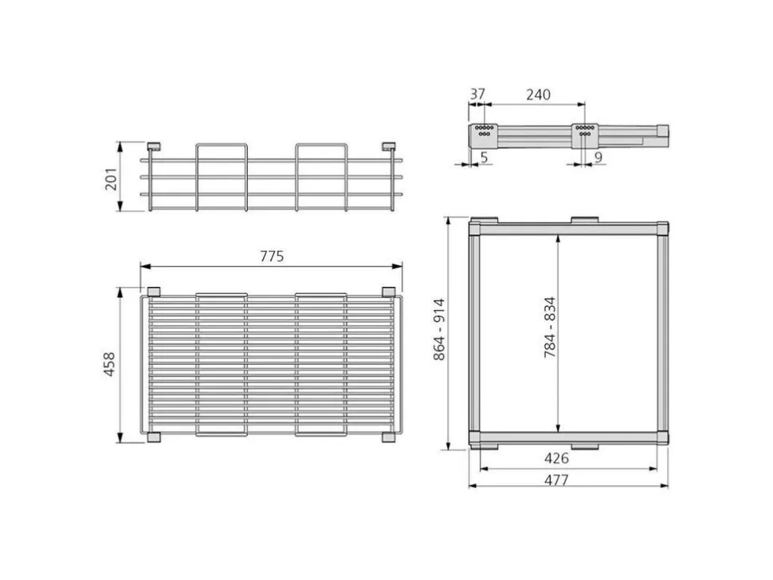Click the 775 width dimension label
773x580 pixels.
[x=272, y=257]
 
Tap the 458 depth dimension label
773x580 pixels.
[x=109, y=364]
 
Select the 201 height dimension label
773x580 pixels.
[x=111, y=179]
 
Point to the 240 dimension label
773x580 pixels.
[x=538, y=95]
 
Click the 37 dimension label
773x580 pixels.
[x=477, y=94]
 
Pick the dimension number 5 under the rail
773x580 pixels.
[x=484, y=158]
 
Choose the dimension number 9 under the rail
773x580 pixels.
[x=598, y=158]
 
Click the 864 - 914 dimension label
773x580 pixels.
[x=439, y=329]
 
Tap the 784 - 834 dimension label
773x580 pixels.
[x=549, y=327]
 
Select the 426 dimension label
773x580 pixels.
[x=556, y=458]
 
